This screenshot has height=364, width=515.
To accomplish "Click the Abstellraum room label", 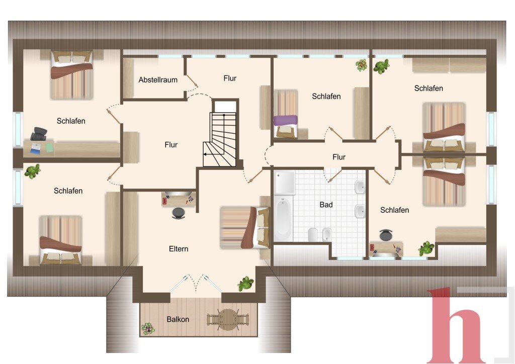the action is click(157, 80).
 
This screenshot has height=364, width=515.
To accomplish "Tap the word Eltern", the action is click(179, 249).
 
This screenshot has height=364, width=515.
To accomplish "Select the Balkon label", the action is click(178, 319).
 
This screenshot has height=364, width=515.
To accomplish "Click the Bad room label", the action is click(326, 205).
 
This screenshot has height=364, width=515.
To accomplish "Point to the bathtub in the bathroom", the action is click(283, 218).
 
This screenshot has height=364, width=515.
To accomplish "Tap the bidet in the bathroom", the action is click(326, 234).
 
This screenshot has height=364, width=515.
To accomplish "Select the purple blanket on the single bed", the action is click(286, 120).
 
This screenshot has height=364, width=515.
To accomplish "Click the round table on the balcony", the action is click(227, 319).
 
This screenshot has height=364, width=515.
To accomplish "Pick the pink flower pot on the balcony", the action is click(148, 328).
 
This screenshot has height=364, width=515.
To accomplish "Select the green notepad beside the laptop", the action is click(50, 147).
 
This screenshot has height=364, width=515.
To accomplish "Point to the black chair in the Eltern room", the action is click(179, 213).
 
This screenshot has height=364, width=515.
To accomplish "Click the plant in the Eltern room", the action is click(245, 284).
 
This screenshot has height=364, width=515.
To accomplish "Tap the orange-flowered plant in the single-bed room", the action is click(362, 65).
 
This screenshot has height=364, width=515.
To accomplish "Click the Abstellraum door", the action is click(192, 82).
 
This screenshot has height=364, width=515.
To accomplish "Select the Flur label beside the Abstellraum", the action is click(230, 78).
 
